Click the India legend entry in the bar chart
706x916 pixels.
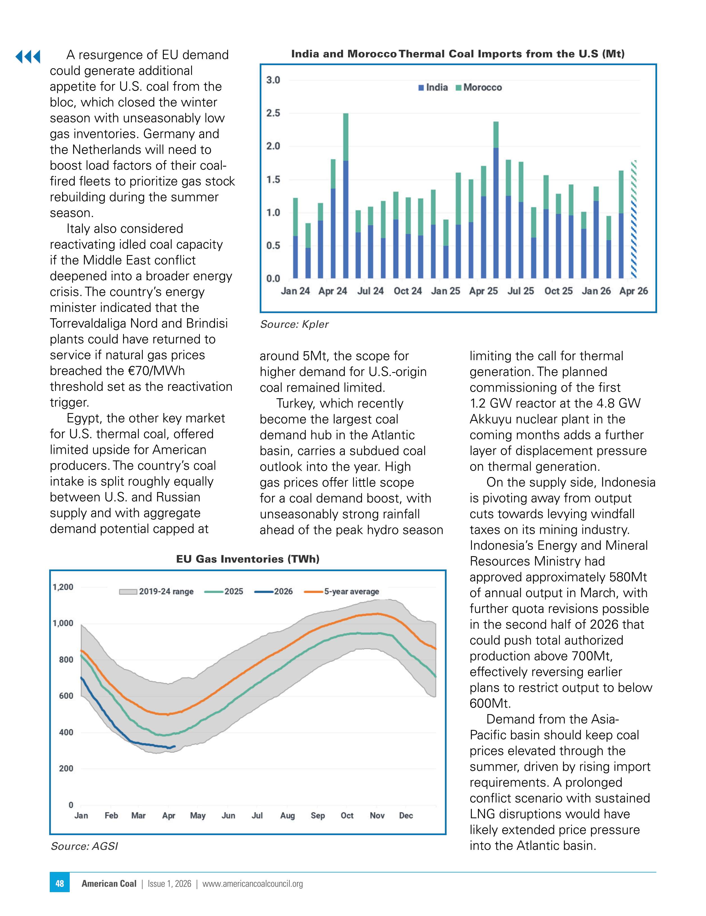click(x=433, y=87)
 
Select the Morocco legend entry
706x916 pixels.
click(x=479, y=87)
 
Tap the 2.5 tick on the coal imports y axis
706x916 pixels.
click(x=273, y=113)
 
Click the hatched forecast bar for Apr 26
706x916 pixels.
click(x=634, y=219)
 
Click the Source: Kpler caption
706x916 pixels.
click(x=294, y=324)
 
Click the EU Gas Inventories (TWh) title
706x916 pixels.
click(x=248, y=559)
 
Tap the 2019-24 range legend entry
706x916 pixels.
click(x=157, y=591)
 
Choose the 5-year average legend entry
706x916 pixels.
click(x=342, y=591)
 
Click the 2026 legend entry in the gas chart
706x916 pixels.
click(x=274, y=591)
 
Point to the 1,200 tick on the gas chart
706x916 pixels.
click(x=63, y=587)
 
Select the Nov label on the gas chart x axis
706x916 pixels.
click(x=377, y=815)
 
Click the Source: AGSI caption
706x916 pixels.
click(x=84, y=846)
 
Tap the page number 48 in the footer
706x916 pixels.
click(x=60, y=883)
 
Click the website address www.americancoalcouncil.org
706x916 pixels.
click(x=252, y=884)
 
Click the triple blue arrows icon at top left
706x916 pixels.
click(x=28, y=56)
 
